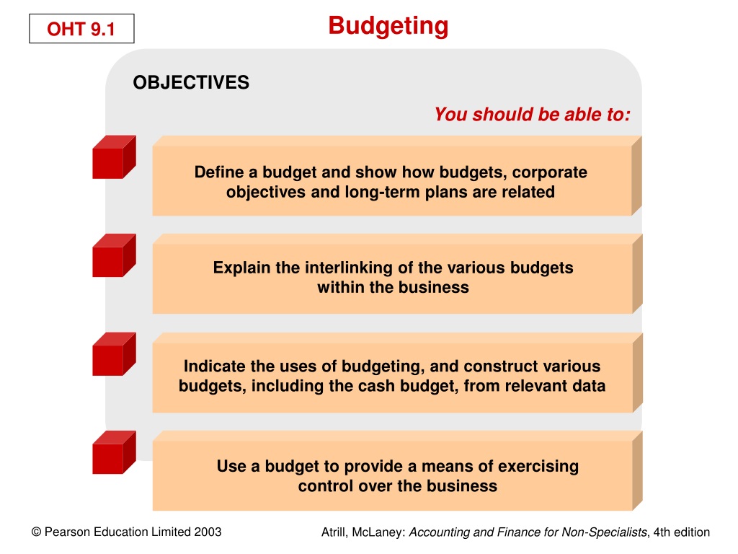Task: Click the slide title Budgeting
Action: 388,27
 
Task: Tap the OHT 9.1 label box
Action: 81,29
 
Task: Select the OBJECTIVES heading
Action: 191,82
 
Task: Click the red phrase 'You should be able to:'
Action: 533,115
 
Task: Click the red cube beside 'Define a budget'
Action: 114,157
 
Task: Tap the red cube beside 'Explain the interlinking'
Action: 114,255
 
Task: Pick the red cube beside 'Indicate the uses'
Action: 114,353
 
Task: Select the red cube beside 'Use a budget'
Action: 114,452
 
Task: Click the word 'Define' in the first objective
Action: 219,172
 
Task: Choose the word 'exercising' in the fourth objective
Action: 538,467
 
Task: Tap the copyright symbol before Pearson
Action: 36,532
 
